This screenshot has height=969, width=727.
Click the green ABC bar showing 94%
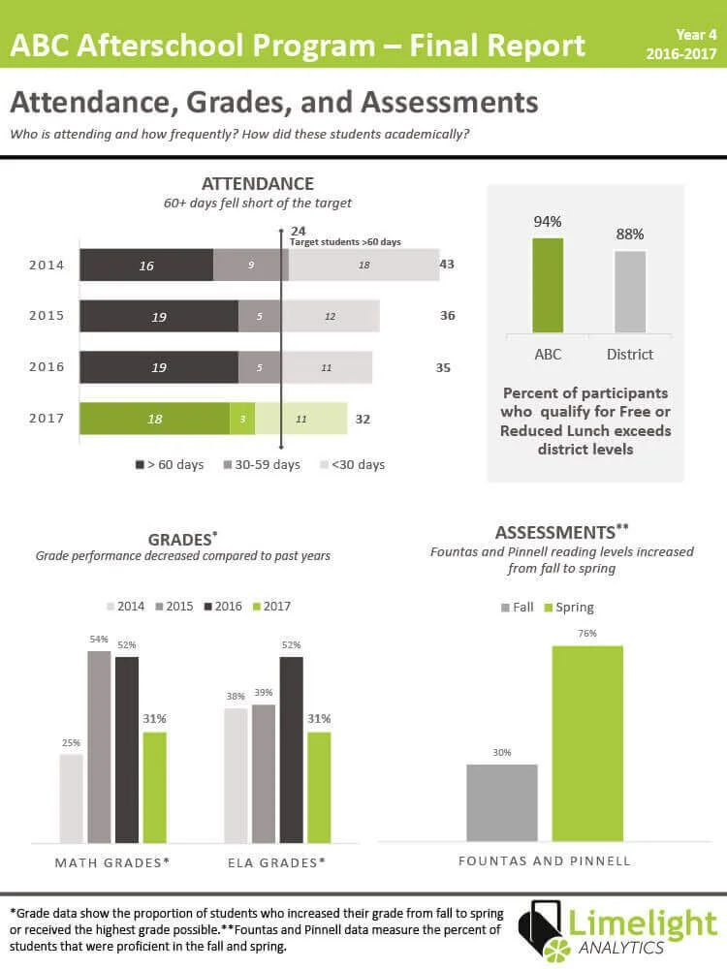point(548,286)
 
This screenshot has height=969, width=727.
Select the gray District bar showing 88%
point(630,292)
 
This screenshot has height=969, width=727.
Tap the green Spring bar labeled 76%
point(587,743)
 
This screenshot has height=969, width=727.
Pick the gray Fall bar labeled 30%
point(501,802)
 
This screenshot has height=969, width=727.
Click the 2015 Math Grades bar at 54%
point(99,746)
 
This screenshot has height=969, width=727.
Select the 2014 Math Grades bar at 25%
point(71,797)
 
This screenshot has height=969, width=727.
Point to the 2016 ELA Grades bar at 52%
point(292,749)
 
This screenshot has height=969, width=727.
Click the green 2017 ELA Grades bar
point(319,787)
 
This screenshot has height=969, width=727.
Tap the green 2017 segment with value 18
point(154,419)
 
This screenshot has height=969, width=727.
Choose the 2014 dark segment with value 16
point(146,265)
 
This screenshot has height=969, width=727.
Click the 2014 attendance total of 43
point(447,264)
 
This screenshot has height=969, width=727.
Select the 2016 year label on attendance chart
point(47,367)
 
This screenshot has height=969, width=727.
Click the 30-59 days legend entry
point(262,465)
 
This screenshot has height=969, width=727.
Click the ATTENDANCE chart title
point(257,184)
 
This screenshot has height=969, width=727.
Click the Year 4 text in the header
point(696,35)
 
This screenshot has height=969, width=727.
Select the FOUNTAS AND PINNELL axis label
point(544,860)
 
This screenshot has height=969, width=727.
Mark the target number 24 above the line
point(299,231)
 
